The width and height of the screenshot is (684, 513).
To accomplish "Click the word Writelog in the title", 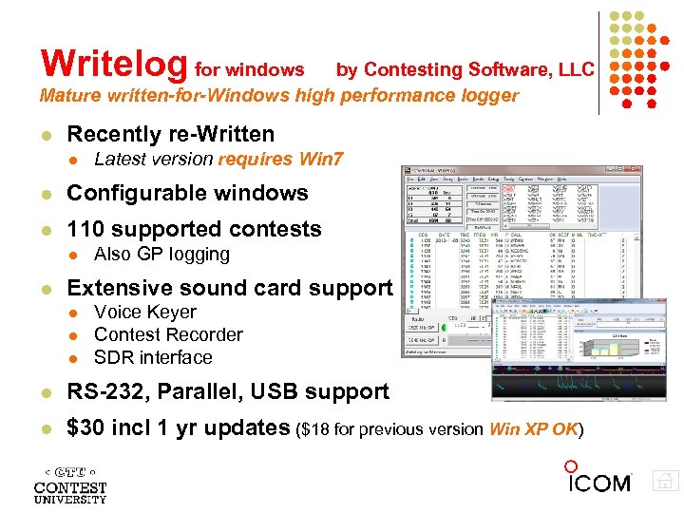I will tap(114, 64).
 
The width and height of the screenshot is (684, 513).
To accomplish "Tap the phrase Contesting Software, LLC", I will tap(479, 69).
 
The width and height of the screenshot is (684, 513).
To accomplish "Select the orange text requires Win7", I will tap(281, 159).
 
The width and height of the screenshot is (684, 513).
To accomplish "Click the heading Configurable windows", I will tap(187, 193).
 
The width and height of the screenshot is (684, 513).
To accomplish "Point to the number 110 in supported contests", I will tap(86, 229).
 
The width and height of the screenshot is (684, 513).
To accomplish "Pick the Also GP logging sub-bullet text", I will tap(161, 254).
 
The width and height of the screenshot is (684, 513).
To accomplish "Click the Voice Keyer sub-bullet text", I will tap(145, 312).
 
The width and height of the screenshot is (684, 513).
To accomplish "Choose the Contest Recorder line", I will tap(168, 334).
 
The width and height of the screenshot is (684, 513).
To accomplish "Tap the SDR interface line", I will tap(153, 357).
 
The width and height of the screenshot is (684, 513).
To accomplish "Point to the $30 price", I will tap(86, 428).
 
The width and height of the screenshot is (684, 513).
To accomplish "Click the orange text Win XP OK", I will tap(533, 429).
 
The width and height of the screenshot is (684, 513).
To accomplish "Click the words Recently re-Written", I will tap(170, 134).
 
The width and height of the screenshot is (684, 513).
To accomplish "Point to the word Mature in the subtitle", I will tap(71, 95).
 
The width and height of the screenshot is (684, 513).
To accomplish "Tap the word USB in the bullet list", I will tap(275, 391).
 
